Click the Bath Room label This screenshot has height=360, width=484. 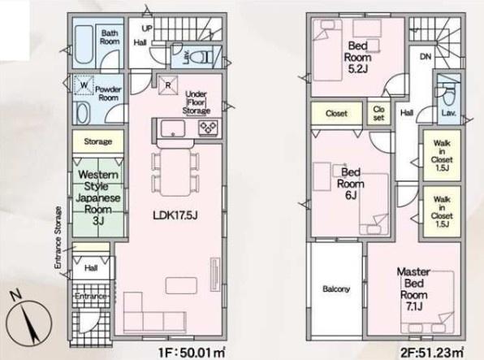(110, 37)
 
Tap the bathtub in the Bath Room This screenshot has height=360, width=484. (84, 45)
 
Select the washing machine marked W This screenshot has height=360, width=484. (84, 85)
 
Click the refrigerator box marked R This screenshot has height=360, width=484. (168, 85)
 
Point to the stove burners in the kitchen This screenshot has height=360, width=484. (209, 127)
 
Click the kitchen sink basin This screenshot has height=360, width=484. (173, 128)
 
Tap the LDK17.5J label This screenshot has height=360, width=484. (175, 215)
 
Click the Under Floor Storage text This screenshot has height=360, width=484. (197, 102)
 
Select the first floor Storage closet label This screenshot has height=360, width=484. (97, 141)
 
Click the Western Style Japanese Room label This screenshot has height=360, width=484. (97, 197)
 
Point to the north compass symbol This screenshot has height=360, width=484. (28, 322)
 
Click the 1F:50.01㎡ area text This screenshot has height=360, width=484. (192, 352)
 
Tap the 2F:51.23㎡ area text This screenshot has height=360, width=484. (432, 352)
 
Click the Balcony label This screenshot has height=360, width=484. (336, 289)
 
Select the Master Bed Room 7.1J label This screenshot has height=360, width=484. (413, 289)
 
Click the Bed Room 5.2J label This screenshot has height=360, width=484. (358, 57)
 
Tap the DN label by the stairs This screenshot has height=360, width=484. (426, 57)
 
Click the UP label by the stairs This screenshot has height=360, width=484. (147, 28)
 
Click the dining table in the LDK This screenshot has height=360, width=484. (175, 172)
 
